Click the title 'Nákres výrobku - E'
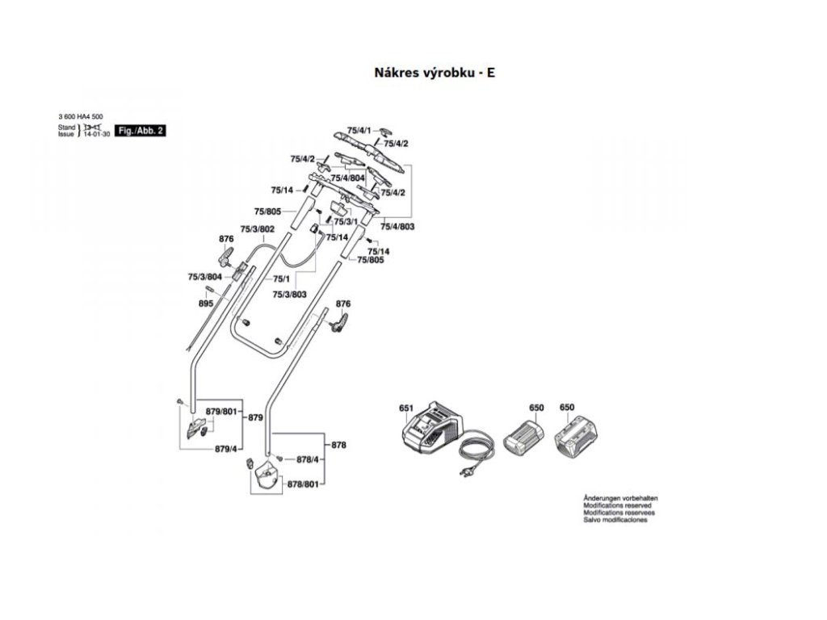(x=434, y=73)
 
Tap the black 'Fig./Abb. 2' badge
(x=141, y=130)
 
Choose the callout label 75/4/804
(x=348, y=177)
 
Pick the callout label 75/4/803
(x=397, y=227)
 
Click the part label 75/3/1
(x=346, y=221)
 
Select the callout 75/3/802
(x=258, y=229)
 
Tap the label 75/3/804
(x=204, y=277)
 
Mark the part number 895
(x=205, y=304)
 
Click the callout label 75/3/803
(x=289, y=295)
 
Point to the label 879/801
(x=221, y=413)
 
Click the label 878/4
(x=308, y=459)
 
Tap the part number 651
(x=405, y=408)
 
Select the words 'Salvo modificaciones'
(x=615, y=520)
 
